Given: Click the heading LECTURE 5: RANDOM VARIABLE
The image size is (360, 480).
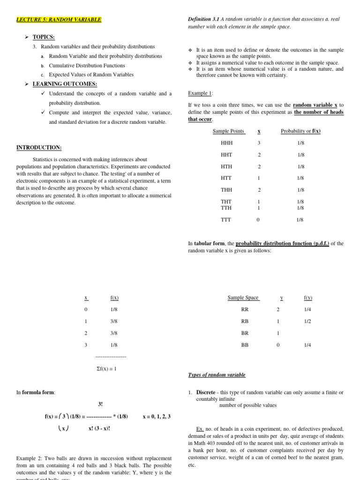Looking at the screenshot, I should [x=59, y=19].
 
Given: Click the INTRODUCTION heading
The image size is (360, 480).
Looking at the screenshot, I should [x=39, y=148].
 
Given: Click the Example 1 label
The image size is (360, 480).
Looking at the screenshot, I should [x=200, y=93].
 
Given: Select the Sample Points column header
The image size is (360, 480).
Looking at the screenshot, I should [x=228, y=131].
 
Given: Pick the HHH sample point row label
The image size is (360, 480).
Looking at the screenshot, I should [x=226, y=143].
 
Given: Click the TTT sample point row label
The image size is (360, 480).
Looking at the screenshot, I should [x=226, y=219].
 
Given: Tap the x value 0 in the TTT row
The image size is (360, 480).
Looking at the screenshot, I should [x=259, y=219].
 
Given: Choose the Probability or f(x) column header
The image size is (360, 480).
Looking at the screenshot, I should [x=300, y=131].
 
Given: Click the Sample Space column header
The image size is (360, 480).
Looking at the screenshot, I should [x=243, y=298].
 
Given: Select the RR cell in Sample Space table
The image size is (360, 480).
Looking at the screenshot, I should [x=245, y=310].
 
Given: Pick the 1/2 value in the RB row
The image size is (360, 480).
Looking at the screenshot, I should [x=307, y=322].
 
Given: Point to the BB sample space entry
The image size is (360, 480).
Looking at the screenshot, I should [x=245, y=345].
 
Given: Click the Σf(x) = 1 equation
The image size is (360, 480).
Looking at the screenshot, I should [x=106, y=368].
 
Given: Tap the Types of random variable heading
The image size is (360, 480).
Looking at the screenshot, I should [x=217, y=375].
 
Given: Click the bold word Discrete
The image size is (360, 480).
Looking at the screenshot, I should [x=206, y=392].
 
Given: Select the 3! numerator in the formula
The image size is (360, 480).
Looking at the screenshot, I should [x=100, y=404].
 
